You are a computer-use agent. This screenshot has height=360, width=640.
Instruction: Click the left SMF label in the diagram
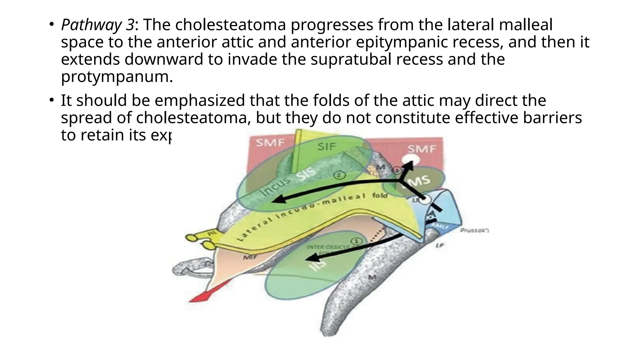270,143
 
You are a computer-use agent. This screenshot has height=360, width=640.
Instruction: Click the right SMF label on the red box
422,149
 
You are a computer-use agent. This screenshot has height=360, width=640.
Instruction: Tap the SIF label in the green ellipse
326,146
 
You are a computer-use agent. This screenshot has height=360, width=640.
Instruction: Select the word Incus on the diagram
275,186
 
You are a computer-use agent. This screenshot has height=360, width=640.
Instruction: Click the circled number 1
357,241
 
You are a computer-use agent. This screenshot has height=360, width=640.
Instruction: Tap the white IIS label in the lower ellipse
317,265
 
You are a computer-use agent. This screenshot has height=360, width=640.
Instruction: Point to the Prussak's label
474,231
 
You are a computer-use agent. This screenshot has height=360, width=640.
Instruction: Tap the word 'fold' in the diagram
380,196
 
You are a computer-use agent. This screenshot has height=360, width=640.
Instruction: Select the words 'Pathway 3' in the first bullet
98,25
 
